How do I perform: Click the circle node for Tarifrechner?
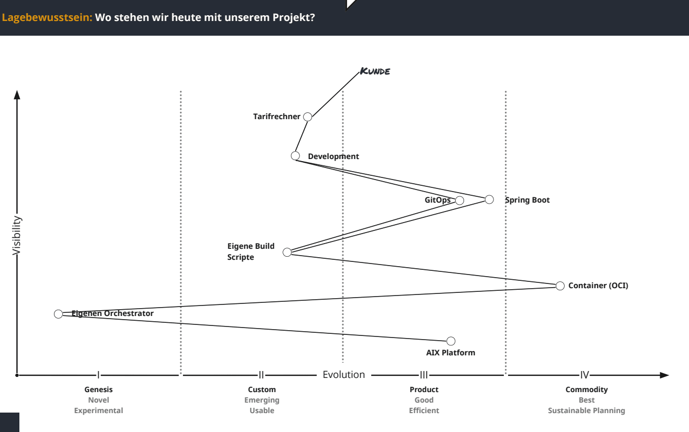[x=308, y=117]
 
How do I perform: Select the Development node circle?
[x=295, y=156]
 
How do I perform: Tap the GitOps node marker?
[x=459, y=201]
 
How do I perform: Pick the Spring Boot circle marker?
[x=489, y=199]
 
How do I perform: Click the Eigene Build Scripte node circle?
[x=287, y=252]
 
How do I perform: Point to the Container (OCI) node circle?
[x=560, y=286]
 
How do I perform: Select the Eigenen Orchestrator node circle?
[x=58, y=314]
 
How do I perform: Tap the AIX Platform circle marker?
[x=450, y=341]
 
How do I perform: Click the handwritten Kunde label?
[x=375, y=71]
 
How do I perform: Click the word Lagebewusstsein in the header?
[x=47, y=17]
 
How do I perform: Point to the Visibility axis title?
[x=16, y=236]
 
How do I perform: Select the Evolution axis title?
[x=343, y=374]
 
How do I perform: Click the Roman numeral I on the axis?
[x=99, y=375]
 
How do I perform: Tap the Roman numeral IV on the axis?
[x=585, y=375]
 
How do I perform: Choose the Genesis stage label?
[x=99, y=389]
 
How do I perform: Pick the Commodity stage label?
[x=586, y=389]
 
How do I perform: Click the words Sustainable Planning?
[x=586, y=410]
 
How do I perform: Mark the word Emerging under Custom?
[x=262, y=400]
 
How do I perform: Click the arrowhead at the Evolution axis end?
[x=664, y=375]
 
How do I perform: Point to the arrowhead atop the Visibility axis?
[x=17, y=95]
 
